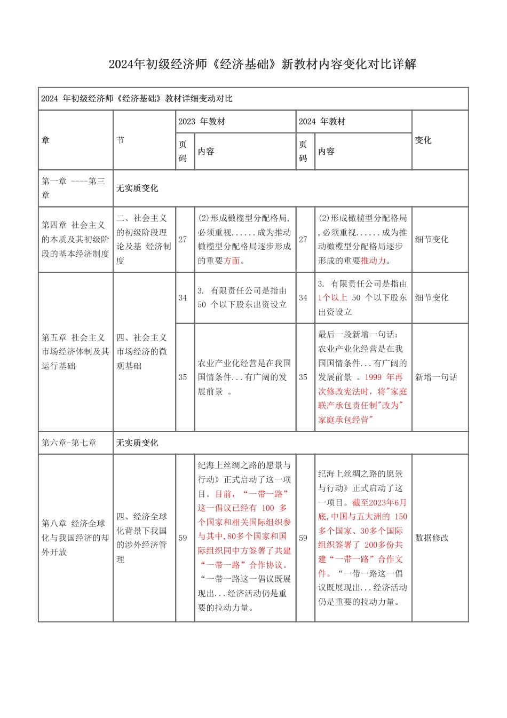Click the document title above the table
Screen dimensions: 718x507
pyautogui.click(x=262, y=65)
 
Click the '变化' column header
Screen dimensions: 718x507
pyautogui.click(x=423, y=140)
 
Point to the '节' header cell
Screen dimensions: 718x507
pyautogui.click(x=121, y=140)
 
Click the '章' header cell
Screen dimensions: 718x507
pyautogui.click(x=45, y=140)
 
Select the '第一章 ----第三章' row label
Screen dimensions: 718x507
pyautogui.click(x=74, y=188)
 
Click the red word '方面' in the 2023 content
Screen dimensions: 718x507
pyautogui.click(x=232, y=261)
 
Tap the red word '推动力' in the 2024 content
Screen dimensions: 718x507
pyautogui.click(x=373, y=261)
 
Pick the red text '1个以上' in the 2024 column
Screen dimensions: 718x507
pyautogui.click(x=332, y=298)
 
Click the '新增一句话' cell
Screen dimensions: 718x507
pyautogui.click(x=436, y=377)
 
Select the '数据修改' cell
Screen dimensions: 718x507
pyautogui.click(x=432, y=538)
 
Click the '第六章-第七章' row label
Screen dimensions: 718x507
pyautogui.click(x=69, y=443)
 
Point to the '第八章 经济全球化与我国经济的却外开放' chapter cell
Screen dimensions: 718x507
pyautogui.click(x=75, y=538)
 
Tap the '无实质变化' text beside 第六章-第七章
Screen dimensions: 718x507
pyautogui.click(x=137, y=443)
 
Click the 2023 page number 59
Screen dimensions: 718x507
pyautogui.click(x=183, y=538)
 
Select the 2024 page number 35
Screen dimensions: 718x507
pyautogui.click(x=303, y=377)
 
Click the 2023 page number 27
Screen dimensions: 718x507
pyautogui.click(x=183, y=240)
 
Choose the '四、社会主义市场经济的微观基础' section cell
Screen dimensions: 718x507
pyautogui.click(x=142, y=352)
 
